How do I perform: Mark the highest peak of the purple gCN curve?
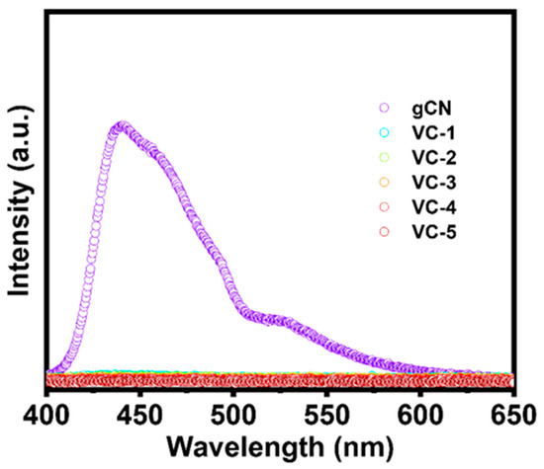click(x=123, y=127)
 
